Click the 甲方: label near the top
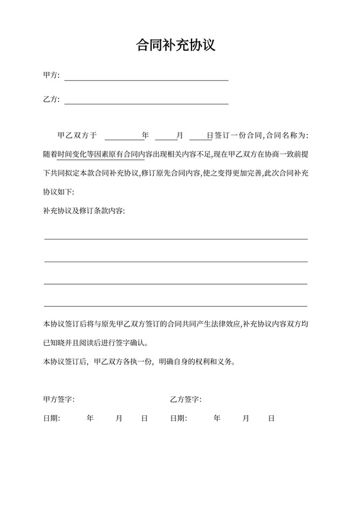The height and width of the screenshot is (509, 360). (x=51, y=76)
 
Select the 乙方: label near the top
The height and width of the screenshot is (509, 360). (x=51, y=100)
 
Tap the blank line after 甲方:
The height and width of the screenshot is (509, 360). (x=146, y=79)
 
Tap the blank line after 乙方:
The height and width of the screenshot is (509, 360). (x=146, y=102)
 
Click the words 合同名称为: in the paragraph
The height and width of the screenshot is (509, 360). (x=287, y=136)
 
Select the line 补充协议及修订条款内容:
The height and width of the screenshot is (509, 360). (x=84, y=211)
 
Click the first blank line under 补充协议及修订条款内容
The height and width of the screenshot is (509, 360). (x=175, y=238)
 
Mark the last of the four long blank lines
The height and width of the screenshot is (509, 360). (x=175, y=305)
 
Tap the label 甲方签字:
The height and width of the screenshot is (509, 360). (x=59, y=400)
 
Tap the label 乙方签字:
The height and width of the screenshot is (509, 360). (x=186, y=400)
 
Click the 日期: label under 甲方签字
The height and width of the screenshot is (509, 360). (x=51, y=418)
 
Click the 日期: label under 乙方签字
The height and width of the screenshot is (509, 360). (x=179, y=418)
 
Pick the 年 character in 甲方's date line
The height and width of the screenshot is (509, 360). (x=90, y=418)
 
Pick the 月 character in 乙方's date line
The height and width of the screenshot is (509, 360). (x=246, y=418)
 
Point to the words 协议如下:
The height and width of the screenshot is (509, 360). (x=59, y=192)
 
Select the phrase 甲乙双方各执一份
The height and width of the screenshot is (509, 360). (x=123, y=362)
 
